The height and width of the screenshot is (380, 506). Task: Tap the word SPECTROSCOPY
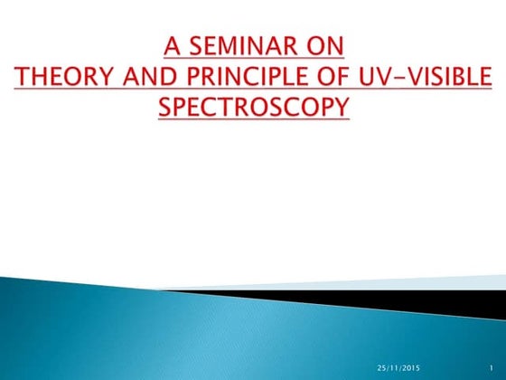(x=253, y=107)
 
